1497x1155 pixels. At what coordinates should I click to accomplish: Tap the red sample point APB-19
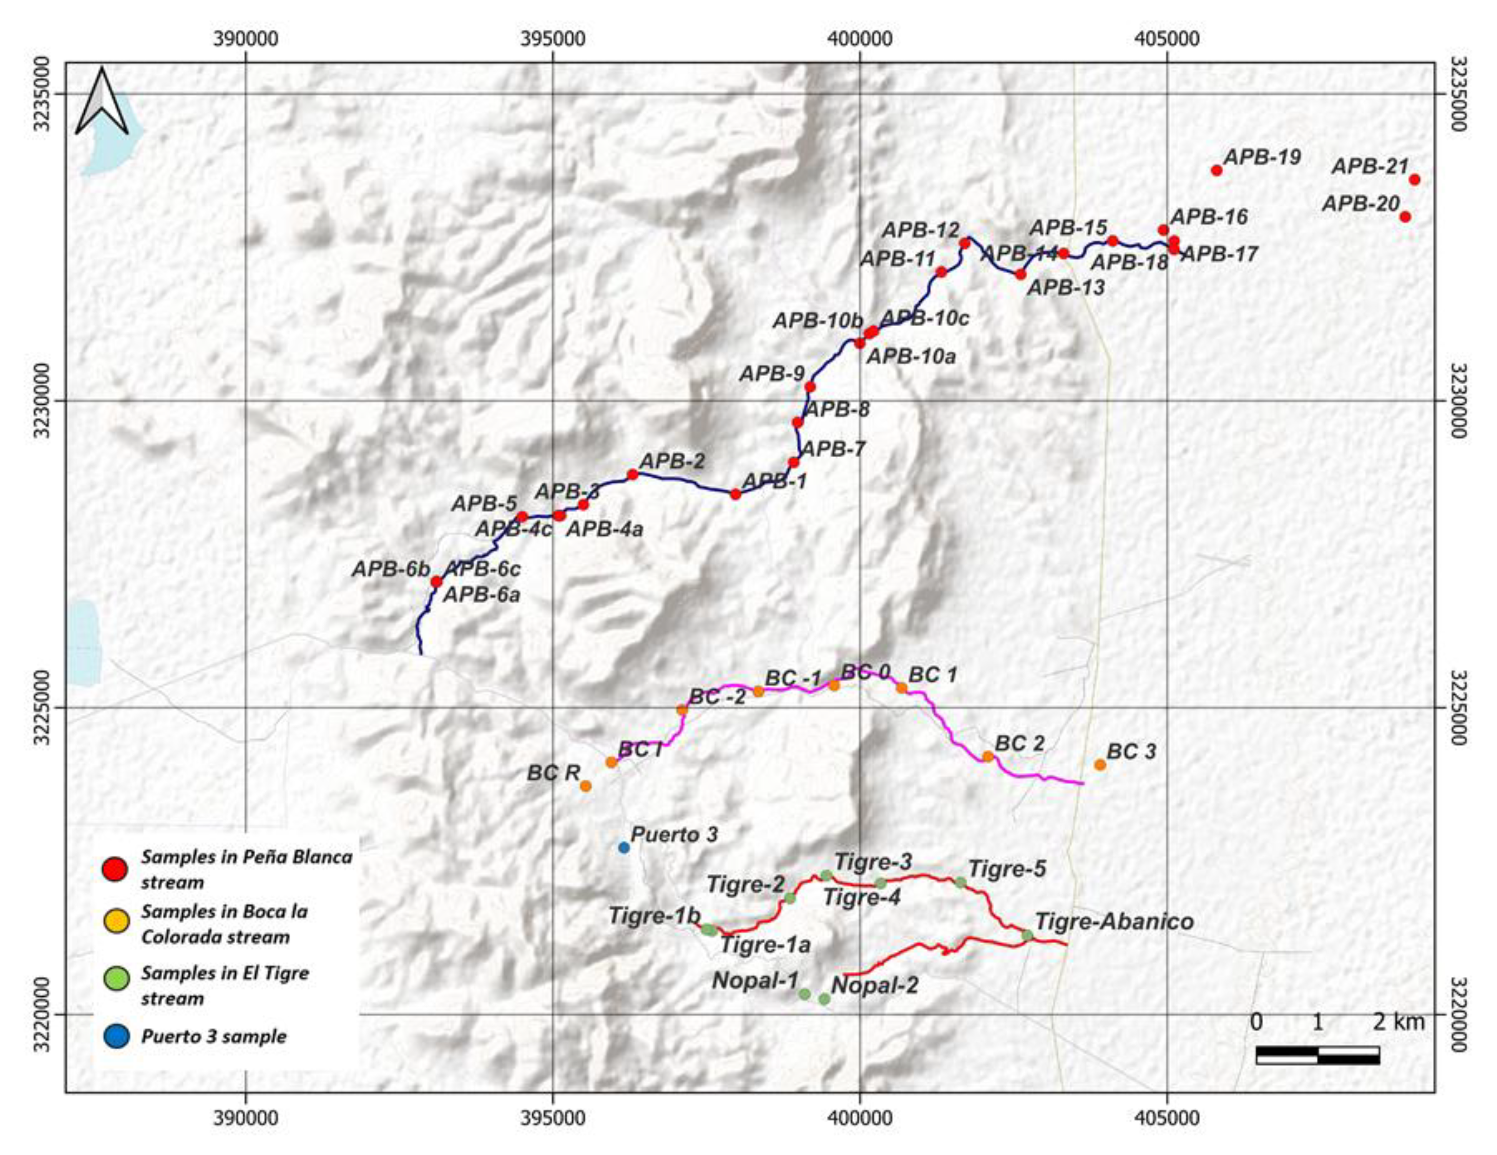1217,170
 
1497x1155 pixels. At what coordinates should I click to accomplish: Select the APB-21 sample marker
1414,180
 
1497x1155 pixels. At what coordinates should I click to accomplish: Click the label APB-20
1361,204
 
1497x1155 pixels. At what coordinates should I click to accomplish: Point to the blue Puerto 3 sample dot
624,847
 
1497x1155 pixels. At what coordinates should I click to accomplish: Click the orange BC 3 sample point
1099,764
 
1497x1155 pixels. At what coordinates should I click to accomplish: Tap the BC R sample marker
586,786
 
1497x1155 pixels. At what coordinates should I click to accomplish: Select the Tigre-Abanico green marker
1027,935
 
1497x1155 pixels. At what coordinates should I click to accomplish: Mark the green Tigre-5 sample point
960,882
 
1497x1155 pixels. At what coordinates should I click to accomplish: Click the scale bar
1317,1055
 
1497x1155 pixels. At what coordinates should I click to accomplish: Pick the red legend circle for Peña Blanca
114,869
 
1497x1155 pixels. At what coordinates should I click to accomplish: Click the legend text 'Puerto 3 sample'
214,1037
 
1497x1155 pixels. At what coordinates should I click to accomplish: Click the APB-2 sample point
633,474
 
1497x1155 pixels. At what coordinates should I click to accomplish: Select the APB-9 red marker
810,387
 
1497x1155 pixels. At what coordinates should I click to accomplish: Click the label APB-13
1066,288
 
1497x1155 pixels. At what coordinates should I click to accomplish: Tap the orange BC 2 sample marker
988,756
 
